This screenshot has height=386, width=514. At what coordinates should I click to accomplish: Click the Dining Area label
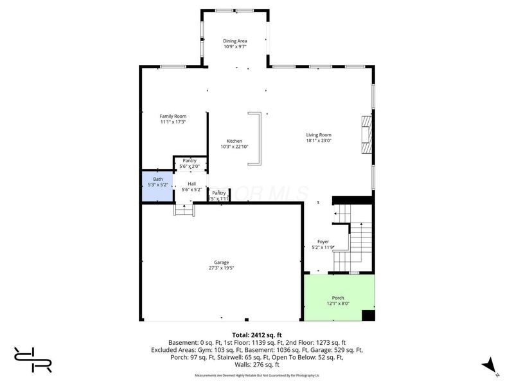235,41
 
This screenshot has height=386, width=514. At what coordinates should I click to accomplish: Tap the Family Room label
173,116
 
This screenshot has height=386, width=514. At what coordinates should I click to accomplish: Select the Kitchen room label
235,140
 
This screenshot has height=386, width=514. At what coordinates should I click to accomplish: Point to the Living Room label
318,134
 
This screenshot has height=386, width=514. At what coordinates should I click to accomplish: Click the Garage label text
221,262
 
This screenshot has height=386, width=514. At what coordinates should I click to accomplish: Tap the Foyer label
323,242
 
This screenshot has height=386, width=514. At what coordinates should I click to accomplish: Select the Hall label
192,184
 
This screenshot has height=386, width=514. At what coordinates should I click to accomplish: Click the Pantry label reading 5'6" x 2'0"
190,166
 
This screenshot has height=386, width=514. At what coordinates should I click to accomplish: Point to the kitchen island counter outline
255,139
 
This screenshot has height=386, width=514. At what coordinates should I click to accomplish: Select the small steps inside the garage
184,210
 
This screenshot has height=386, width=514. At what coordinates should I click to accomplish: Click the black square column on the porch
368,315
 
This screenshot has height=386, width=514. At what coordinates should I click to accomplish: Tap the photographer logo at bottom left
32,359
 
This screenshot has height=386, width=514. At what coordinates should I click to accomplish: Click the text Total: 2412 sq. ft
257,335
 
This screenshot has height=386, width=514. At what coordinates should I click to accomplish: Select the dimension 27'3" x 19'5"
221,268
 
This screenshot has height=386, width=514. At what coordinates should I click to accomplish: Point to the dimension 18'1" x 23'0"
318,140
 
